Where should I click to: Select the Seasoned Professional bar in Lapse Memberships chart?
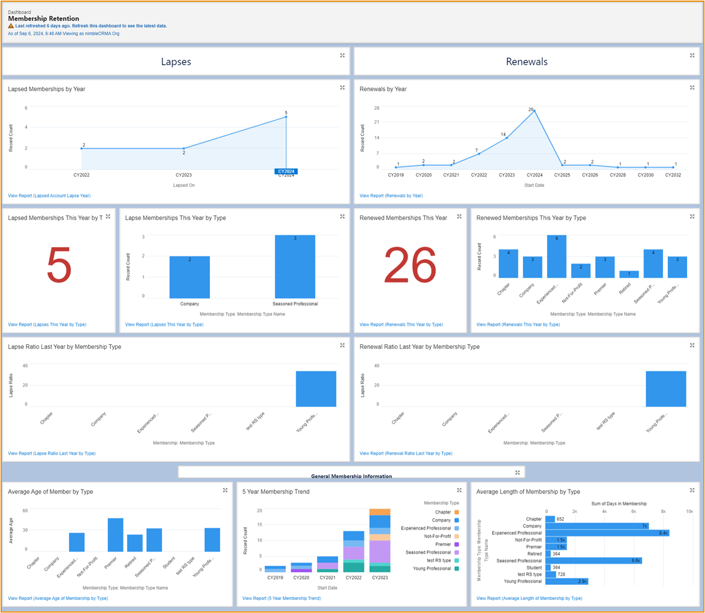(x=295, y=267)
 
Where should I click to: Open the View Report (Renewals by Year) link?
(x=391, y=196)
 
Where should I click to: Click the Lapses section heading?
(x=176, y=61)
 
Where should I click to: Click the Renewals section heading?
(x=526, y=61)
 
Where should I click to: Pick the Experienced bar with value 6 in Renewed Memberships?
(x=557, y=257)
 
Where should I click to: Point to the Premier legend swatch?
(x=456, y=544)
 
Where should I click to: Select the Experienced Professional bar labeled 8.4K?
(x=607, y=533)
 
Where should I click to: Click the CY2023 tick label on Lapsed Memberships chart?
(x=184, y=175)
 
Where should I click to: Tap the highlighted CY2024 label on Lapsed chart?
(x=286, y=171)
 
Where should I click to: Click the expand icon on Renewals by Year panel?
(x=692, y=88)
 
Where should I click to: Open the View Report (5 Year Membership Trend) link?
(x=282, y=598)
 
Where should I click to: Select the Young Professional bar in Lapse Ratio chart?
(x=316, y=389)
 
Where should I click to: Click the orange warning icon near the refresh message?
(x=11, y=26)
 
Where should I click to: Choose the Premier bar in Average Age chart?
(x=115, y=535)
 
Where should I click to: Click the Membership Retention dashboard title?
(x=43, y=19)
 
